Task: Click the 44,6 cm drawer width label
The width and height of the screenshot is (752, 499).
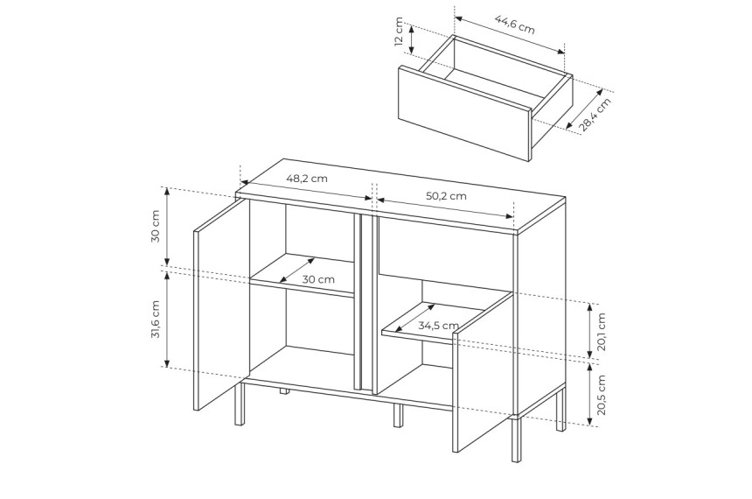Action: click(515, 25)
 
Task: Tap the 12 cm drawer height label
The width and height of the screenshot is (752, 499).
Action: click(399, 32)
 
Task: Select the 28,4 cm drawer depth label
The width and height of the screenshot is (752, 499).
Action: click(595, 115)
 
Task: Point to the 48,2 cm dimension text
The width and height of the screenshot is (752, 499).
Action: click(307, 179)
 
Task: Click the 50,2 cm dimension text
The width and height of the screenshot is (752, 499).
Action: click(446, 196)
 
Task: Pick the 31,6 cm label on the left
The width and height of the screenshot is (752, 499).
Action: click(156, 320)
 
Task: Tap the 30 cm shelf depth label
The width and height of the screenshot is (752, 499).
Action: click(318, 279)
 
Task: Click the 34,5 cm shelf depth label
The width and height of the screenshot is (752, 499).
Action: click(438, 326)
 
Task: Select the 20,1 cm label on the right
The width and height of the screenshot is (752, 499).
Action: click(602, 332)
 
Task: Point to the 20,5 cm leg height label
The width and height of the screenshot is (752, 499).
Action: click(602, 394)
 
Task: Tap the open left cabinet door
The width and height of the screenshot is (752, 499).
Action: click(221, 305)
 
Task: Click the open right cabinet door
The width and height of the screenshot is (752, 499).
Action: click(483, 372)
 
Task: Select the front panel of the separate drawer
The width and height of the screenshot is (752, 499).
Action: click(464, 113)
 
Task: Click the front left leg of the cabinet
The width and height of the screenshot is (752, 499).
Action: click(240, 404)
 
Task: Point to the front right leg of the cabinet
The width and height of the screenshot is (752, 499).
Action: click(516, 440)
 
